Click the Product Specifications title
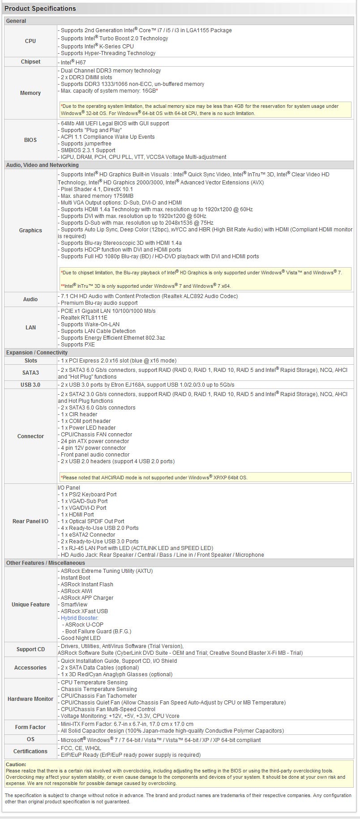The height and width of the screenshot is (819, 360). pos(40,9)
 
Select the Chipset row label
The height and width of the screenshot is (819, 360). pos(30,62)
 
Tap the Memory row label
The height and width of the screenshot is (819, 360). pos(30,93)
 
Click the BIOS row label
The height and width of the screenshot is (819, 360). pos(30,140)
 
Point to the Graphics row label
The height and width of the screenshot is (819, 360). pos(30,230)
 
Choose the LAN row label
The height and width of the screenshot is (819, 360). pos(30,328)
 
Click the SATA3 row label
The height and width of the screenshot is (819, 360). pos(30,373)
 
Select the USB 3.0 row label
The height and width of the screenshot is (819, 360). pos(30,385)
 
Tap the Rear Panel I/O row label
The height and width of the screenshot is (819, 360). pos(30,521)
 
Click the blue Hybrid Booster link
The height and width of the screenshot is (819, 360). pos(79,618)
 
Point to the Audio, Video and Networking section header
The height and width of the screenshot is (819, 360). pos(43,165)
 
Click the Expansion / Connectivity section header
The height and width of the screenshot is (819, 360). pos(37,353)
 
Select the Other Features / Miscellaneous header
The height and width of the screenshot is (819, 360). pos(45,563)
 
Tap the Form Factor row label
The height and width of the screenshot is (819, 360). pos(30,727)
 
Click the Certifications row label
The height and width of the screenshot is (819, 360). pos(30,751)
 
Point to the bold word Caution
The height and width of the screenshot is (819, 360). pos(16,764)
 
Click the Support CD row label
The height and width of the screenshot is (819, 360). pos(30,649)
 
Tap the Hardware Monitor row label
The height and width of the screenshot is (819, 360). pos(30,699)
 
